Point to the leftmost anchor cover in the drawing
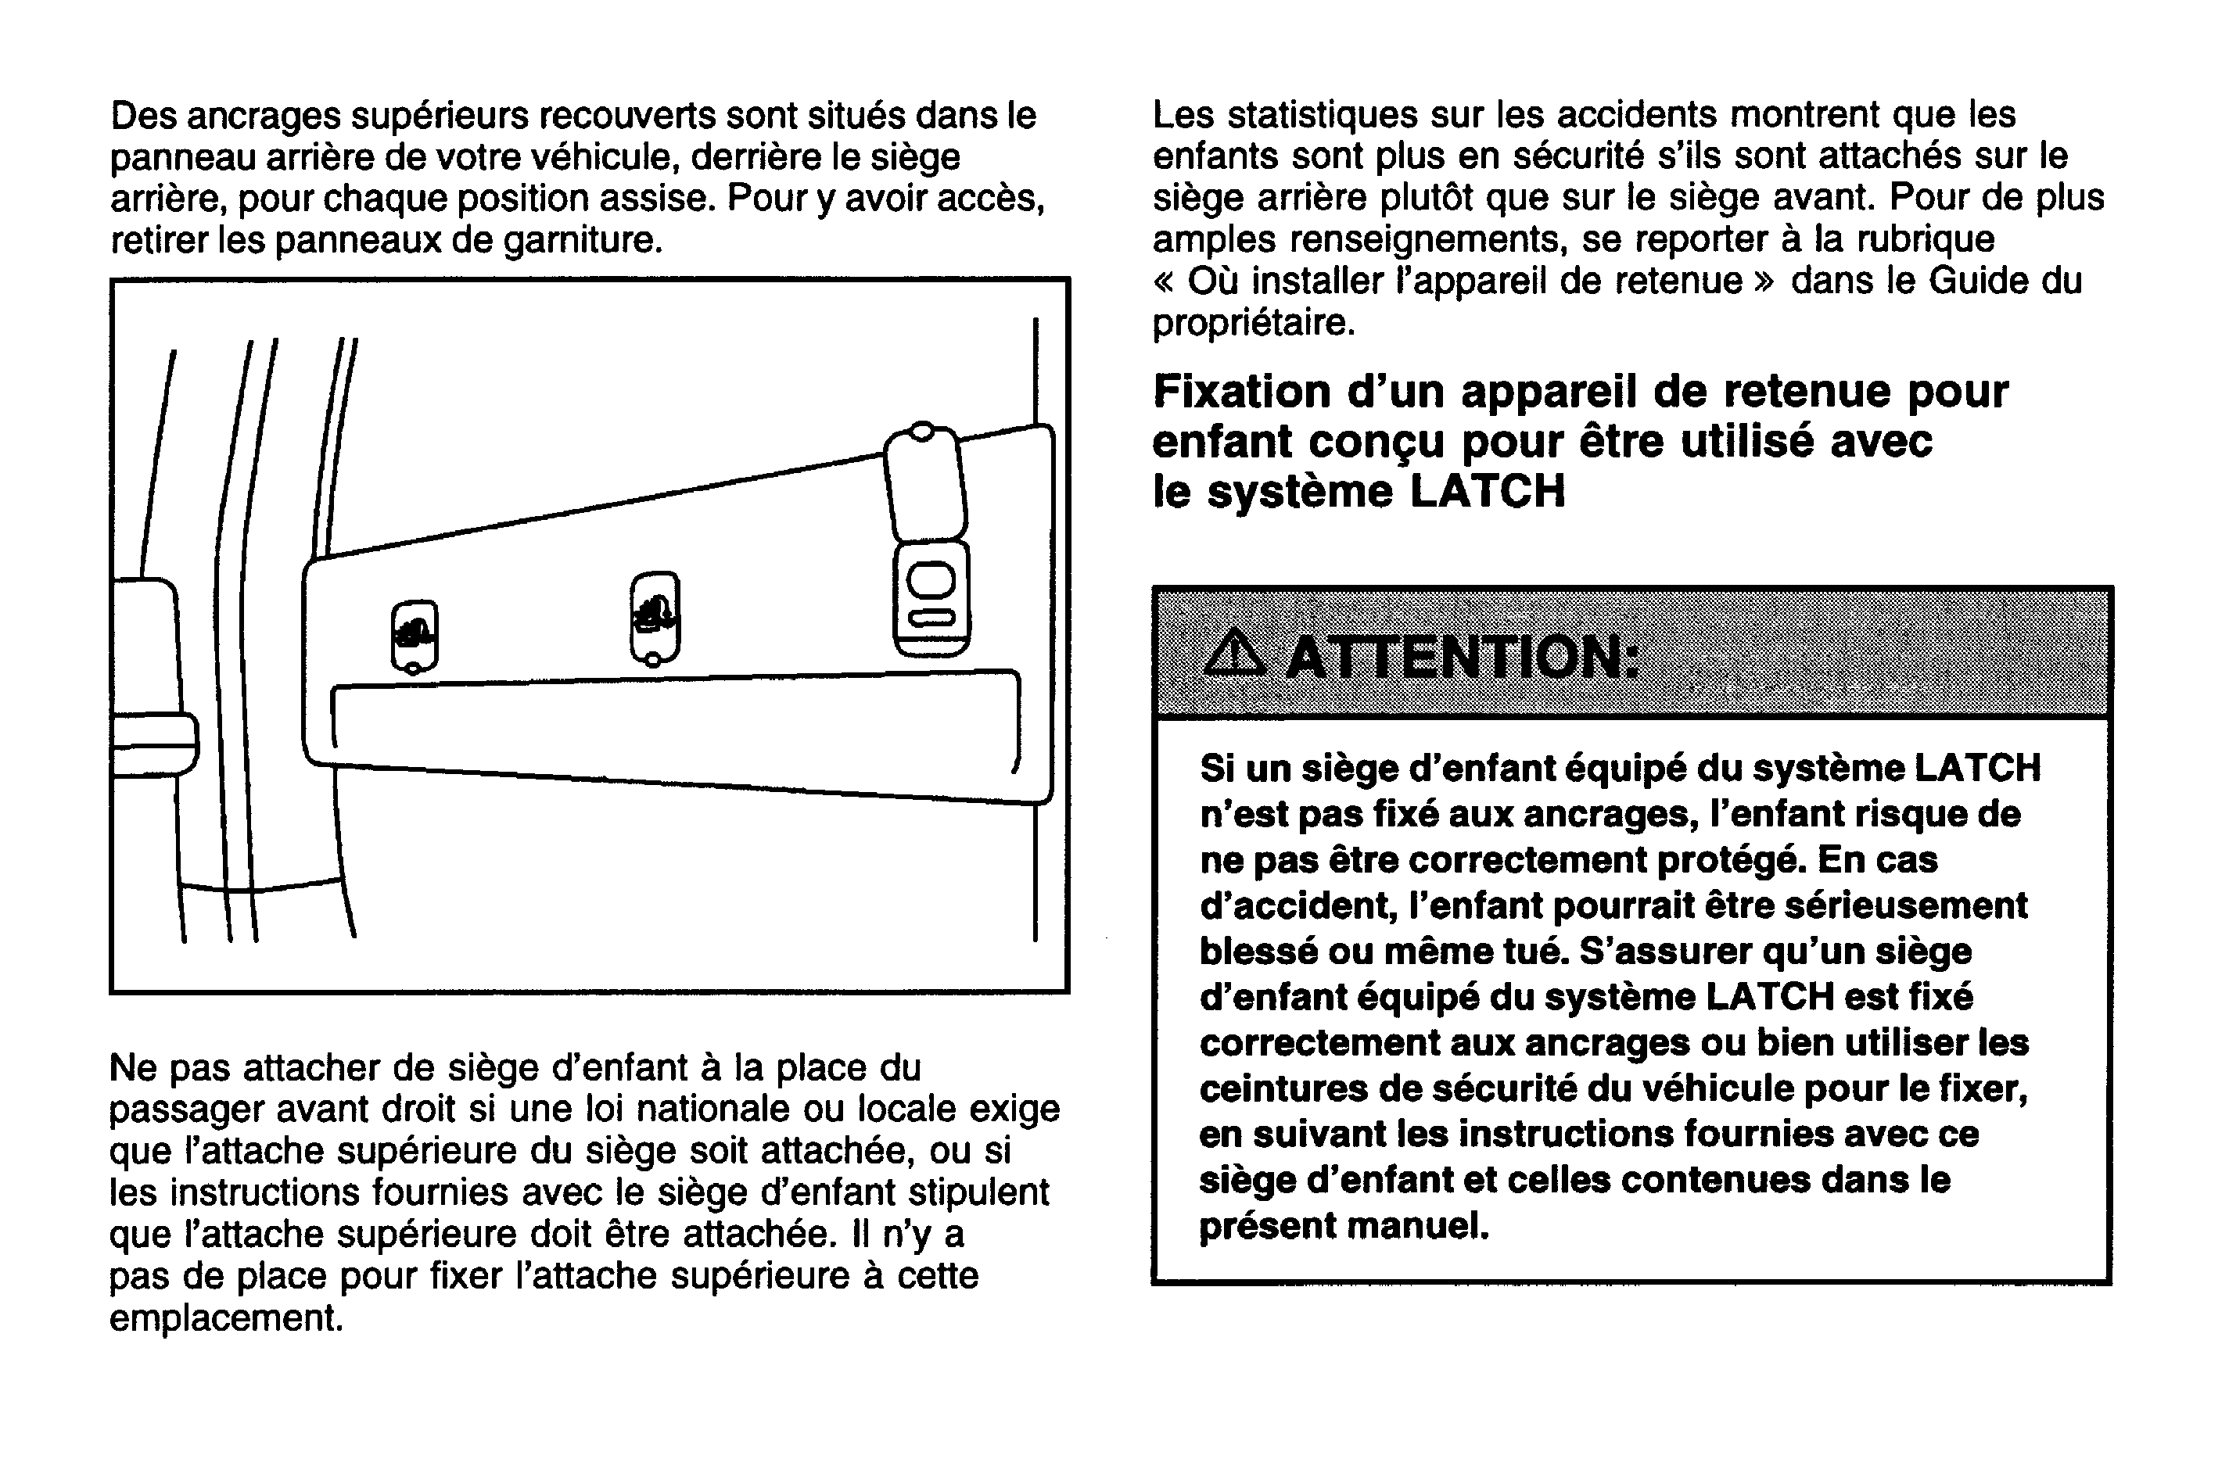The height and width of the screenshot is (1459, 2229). click(x=414, y=636)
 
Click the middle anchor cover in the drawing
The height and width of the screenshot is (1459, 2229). click(x=655, y=617)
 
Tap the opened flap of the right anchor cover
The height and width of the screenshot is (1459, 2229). click(x=924, y=483)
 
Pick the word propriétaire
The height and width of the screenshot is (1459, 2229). click(x=1253, y=322)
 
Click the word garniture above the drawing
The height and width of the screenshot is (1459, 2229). click(x=583, y=240)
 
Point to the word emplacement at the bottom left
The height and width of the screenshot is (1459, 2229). click(x=226, y=1317)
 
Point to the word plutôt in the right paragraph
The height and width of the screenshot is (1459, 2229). click(x=1427, y=198)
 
